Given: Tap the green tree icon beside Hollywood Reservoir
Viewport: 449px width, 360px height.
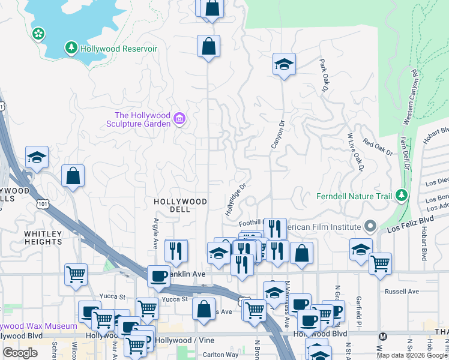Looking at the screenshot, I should pyautogui.click(x=71, y=47).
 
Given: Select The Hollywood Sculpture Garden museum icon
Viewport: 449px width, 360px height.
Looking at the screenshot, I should pyautogui.click(x=179, y=119).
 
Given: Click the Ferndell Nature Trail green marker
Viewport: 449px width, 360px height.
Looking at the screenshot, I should pyautogui.click(x=401, y=196).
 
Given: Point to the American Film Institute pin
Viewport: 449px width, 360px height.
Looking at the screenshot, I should pyautogui.click(x=370, y=227).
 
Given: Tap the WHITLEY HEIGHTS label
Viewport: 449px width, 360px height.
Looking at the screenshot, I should pyautogui.click(x=43, y=238).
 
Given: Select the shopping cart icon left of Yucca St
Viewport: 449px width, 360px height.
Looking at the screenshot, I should pyautogui.click(x=76, y=274).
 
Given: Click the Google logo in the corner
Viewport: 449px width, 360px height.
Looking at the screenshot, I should pyautogui.click(x=20, y=353).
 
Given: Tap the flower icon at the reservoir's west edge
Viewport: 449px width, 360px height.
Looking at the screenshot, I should pyautogui.click(x=39, y=34).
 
